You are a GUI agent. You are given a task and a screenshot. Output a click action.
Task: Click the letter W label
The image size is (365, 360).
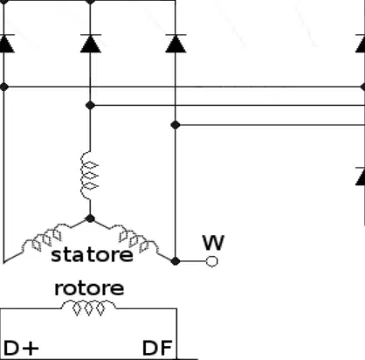pos(214,243)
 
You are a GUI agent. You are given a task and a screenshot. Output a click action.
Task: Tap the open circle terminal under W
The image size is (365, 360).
pos(211,261)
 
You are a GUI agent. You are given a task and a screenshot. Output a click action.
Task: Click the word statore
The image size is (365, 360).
pos(92,255)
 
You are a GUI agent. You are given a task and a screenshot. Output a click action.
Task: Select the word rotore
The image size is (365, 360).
pos(89,288)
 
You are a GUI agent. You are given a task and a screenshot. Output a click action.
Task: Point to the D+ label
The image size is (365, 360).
pos(21,348)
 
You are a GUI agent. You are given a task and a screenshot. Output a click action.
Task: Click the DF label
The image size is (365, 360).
pos(157,348)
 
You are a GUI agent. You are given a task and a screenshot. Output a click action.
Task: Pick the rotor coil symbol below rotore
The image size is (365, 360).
pos(88,308)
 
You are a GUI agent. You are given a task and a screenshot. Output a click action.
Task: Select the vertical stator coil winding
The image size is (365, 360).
pos(89,176)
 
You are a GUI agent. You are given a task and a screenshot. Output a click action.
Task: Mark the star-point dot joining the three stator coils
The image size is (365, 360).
pos(90,218)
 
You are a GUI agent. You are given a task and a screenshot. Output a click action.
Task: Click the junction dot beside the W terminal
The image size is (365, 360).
pos(176,261)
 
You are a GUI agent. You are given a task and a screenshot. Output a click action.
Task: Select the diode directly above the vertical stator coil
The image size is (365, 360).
pos(91,44)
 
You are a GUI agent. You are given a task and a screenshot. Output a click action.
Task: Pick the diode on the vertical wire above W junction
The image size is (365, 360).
pos(176,44)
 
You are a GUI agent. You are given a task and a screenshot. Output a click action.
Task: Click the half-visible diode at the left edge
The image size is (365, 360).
pos(6,44)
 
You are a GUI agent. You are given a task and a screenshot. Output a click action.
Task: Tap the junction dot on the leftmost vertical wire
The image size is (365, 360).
pos(4,87)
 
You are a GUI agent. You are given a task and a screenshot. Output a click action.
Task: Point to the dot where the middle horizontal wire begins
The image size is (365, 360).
pos(90,105)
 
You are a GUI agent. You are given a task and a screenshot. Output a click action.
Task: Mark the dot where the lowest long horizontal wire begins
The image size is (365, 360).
pos(176,125)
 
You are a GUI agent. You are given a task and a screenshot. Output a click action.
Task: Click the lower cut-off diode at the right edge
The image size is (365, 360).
pos(361,177)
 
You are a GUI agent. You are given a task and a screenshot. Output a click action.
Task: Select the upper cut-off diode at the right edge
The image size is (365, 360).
pos(361,44)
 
